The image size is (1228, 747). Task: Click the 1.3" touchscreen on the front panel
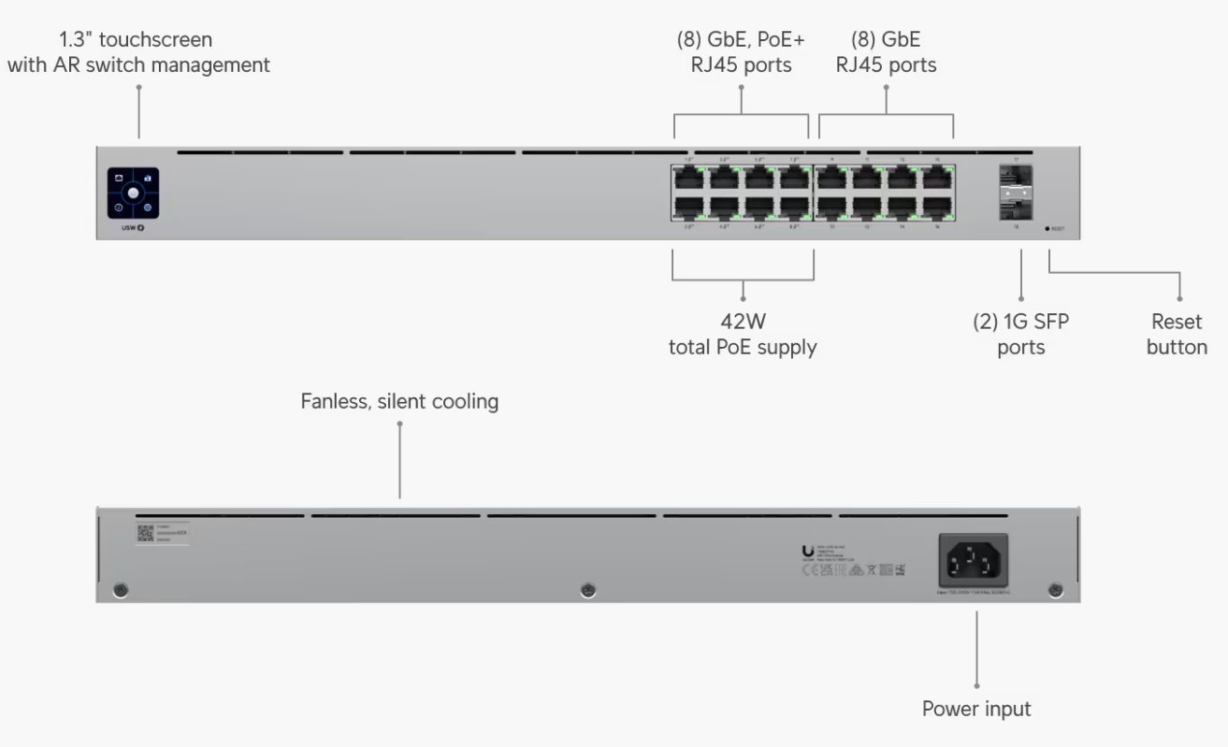133,194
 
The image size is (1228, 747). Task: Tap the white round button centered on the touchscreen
133,193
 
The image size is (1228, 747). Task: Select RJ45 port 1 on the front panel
688,179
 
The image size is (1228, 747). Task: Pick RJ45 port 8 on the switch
796,207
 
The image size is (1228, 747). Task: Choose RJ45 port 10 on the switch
831,207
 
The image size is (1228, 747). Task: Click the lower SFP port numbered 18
1016,208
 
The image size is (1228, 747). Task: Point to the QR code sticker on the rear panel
145,534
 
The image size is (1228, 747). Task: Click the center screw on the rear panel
587,590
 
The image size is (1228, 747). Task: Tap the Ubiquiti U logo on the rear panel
807,552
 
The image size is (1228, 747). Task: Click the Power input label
976,709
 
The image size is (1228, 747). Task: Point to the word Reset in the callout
1177,323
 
